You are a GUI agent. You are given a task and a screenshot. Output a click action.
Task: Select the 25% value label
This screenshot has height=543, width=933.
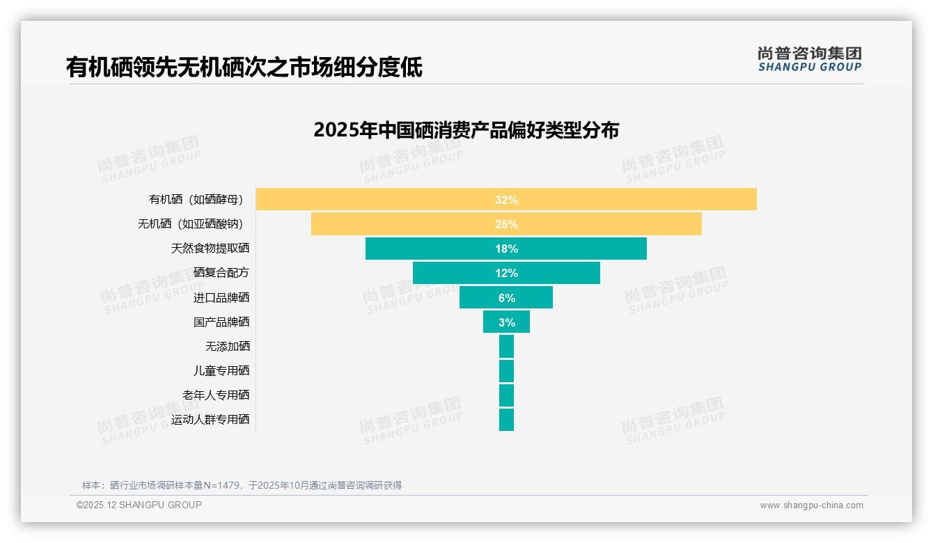(506, 224)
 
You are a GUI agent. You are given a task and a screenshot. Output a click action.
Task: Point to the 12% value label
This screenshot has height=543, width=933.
(506, 273)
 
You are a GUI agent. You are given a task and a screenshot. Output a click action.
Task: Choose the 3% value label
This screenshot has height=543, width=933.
(506, 322)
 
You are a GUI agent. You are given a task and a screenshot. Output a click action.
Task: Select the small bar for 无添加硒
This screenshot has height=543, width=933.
(506, 346)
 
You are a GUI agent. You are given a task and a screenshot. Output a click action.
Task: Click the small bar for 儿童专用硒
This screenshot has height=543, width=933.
(506, 370)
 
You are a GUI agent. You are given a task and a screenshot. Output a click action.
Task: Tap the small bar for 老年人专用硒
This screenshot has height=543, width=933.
(506, 395)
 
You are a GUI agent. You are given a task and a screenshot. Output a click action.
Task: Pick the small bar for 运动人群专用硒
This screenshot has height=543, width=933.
(506, 419)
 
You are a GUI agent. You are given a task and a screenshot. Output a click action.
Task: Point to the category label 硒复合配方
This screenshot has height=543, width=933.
(221, 273)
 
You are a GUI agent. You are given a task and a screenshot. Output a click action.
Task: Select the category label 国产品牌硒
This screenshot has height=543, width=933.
(221, 322)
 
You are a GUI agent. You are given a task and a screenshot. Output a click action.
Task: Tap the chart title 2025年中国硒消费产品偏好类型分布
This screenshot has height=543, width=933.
(466, 130)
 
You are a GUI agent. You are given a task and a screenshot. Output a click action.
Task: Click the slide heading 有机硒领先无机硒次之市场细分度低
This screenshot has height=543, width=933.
(244, 68)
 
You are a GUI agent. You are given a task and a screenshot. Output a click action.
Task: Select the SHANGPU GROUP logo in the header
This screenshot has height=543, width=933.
(809, 59)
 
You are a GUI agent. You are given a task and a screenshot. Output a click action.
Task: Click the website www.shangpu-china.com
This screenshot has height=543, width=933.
(811, 505)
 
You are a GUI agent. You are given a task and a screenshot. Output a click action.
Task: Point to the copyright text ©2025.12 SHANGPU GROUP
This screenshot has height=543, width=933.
(139, 505)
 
